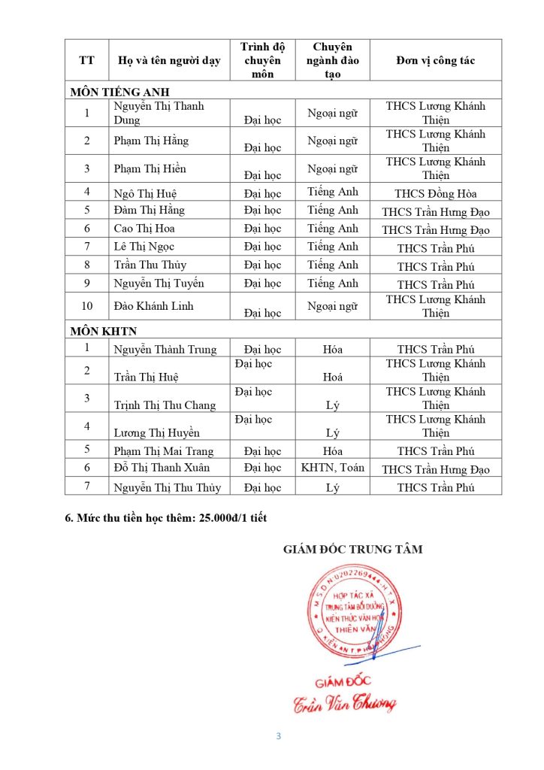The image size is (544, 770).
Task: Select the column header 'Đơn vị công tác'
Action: point(436,61)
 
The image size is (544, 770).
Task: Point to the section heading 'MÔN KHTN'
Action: point(104,331)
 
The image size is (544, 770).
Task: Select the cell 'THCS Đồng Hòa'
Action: point(436,193)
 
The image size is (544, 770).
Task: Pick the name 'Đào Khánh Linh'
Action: point(154,306)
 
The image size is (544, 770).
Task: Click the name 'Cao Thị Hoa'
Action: point(144,229)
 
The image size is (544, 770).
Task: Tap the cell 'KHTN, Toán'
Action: point(333,468)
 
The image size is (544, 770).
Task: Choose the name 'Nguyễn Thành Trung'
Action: point(165,350)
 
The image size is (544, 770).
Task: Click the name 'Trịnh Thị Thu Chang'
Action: point(165,405)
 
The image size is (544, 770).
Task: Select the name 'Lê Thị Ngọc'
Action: point(144,247)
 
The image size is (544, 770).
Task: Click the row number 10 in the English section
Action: point(87,306)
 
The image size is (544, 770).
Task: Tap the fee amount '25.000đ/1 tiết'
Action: point(228,517)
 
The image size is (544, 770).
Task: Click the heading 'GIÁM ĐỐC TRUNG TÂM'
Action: point(353,550)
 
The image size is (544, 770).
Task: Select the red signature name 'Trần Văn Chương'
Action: point(345,703)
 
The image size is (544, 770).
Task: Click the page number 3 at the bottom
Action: point(278,736)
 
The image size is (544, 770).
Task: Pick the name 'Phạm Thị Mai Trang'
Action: point(164,451)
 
